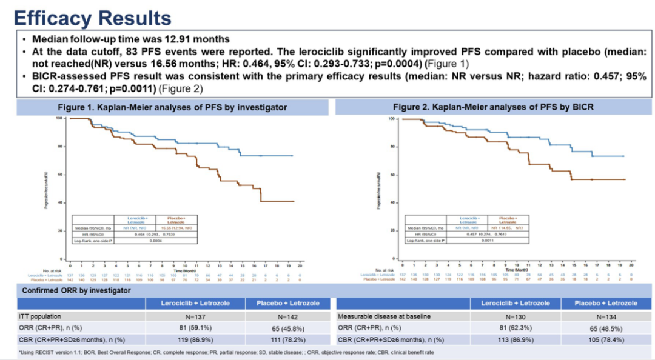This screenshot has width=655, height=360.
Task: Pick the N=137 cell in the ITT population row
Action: coord(195,316)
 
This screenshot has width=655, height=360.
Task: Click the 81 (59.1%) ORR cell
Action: coord(195,328)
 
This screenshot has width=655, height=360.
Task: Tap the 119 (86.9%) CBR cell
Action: coord(195,339)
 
